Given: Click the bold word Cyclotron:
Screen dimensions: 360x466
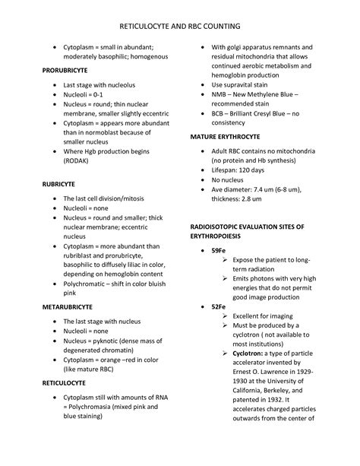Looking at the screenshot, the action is click(240, 353).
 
